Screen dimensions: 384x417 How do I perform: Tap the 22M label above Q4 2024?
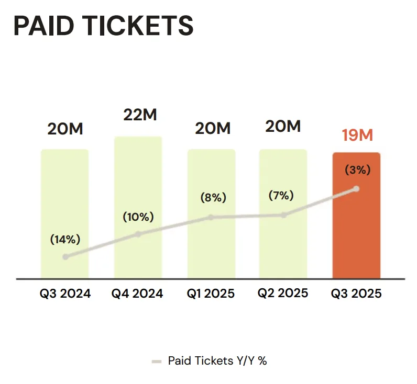click(x=140, y=115)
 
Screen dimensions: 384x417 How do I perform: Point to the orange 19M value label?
click(x=357, y=135)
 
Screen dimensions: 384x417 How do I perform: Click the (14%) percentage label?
click(x=65, y=240)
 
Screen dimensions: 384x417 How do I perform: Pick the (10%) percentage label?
click(x=138, y=217)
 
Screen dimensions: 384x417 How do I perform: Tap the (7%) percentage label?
click(x=281, y=196)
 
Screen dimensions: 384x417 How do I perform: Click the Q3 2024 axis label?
click(x=65, y=293)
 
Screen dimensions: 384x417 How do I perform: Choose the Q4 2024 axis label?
click(x=137, y=293)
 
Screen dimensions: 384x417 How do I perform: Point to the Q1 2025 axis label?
click(x=211, y=293)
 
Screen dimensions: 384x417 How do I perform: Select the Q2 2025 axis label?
click(x=283, y=293)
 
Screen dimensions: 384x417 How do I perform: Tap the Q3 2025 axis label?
click(x=356, y=293)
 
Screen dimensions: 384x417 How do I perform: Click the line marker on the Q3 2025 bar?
click(x=357, y=188)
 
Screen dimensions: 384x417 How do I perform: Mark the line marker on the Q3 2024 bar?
click(x=65, y=256)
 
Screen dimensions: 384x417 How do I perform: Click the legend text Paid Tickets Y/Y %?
click(x=217, y=361)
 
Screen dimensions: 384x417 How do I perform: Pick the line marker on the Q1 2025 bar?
click(x=211, y=217)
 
